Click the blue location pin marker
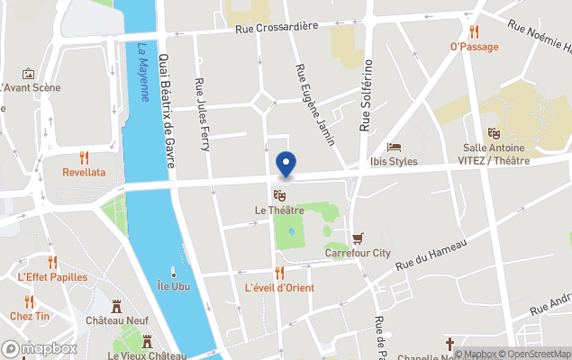[286, 164]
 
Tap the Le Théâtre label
[279, 211]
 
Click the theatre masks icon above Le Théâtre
[279, 194]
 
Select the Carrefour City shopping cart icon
[358, 238]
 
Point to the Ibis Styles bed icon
[394, 147]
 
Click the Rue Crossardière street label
[277, 27]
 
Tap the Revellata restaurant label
[84, 172]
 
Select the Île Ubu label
[174, 286]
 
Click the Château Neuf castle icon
[116, 306]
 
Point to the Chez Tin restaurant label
[30, 317]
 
